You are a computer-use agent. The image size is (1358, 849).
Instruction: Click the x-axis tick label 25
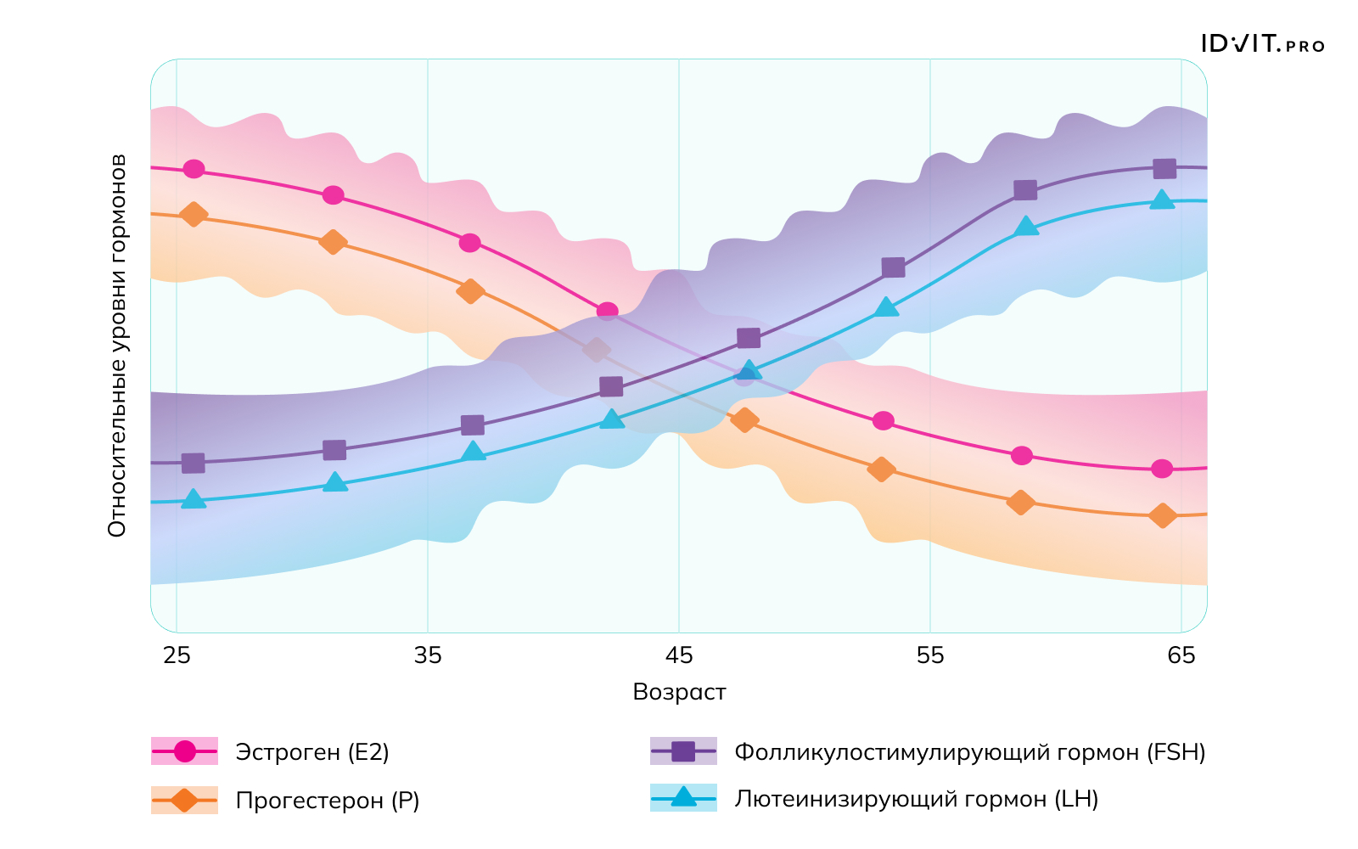[177, 655]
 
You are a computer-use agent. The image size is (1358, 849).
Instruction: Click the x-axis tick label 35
[428, 655]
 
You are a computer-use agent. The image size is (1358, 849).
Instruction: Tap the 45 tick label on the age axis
[679, 655]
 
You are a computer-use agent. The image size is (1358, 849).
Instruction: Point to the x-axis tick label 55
[930, 655]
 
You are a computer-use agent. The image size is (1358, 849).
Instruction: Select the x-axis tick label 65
[1181, 655]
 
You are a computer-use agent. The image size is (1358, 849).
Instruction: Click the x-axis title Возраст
[679, 692]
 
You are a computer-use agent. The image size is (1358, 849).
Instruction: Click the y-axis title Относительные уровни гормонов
[117, 346]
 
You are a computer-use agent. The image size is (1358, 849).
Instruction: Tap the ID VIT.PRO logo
[1262, 44]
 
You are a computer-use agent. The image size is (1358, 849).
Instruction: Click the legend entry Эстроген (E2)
[312, 752]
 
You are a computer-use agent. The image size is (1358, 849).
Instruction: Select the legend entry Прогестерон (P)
[328, 801]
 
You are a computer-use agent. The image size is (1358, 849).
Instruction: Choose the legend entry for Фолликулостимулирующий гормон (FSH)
[969, 752]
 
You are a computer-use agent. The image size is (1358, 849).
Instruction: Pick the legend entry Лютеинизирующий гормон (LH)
[917, 799]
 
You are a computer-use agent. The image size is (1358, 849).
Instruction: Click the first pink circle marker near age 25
[194, 169]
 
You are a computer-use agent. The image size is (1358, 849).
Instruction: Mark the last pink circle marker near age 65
[1163, 469]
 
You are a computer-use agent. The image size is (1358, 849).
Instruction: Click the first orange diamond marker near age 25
[194, 214]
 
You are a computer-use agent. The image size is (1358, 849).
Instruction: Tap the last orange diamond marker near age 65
[1163, 515]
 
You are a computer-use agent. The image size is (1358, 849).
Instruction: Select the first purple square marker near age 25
[194, 463]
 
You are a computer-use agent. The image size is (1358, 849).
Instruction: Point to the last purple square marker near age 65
[1164, 168]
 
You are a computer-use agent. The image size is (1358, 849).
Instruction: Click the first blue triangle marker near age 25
[194, 499]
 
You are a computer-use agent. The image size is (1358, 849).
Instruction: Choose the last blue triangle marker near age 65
[1162, 200]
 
